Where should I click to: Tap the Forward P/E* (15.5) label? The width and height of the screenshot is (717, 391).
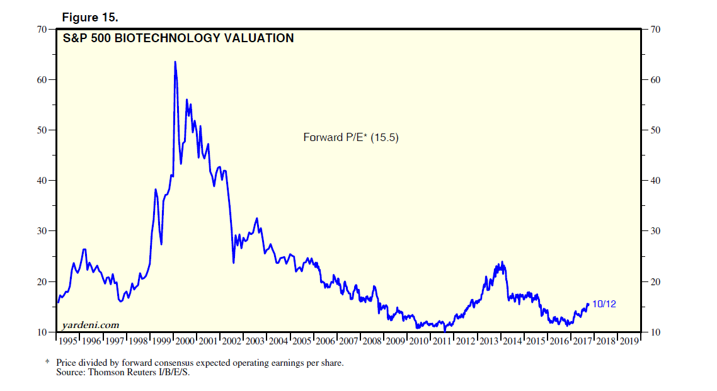[351, 137]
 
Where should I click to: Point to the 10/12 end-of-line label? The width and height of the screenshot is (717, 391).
[604, 304]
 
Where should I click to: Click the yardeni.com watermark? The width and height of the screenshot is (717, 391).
[91, 325]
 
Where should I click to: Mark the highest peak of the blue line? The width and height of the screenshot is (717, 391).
[175, 62]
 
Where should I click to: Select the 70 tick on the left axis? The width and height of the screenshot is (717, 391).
[43, 29]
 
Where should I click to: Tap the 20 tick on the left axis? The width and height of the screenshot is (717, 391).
[43, 281]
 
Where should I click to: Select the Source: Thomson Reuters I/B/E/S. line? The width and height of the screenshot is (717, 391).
[123, 373]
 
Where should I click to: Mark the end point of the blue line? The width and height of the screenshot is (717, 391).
[588, 304]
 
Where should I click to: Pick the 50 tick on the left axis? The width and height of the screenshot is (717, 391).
[43, 130]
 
